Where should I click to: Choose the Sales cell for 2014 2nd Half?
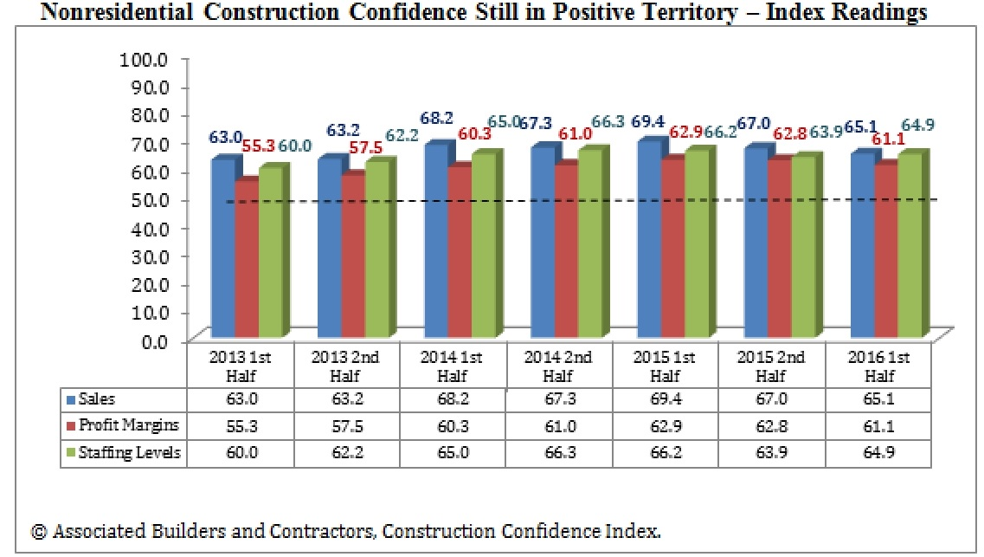[559, 398]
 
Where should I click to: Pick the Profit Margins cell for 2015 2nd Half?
[770, 426]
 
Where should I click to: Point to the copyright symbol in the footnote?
[39, 530]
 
